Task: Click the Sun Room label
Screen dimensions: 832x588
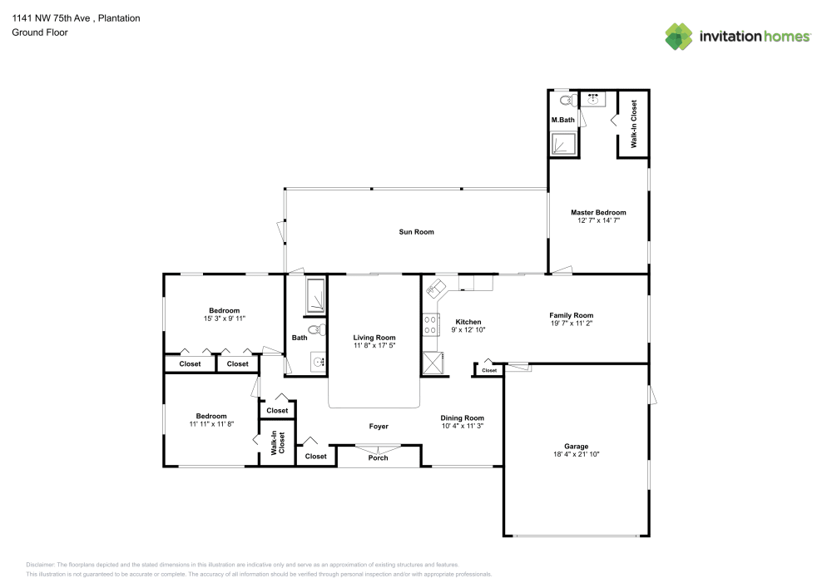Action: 416,232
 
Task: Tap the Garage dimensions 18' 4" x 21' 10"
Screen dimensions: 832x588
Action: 577,454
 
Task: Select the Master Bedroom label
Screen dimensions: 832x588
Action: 598,213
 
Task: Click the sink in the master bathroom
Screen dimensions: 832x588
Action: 592,99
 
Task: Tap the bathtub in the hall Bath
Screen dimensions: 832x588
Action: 315,295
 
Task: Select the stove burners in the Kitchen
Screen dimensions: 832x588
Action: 430,324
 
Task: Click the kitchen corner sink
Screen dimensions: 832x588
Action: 436,288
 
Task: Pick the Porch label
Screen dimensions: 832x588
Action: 378,458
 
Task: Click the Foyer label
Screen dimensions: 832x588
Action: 379,427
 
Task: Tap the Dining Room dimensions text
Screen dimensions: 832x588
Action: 462,426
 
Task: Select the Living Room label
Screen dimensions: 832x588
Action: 374,338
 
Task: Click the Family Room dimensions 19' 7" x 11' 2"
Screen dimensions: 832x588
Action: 571,323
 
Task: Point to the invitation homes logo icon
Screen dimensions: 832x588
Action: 679,37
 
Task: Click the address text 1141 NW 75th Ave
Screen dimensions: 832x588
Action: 51,18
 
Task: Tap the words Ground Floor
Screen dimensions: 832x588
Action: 40,32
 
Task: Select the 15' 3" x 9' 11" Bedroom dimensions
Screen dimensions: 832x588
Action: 224,319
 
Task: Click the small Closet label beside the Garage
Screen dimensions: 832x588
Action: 489,371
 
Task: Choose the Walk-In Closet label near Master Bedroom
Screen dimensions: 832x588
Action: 633,124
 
